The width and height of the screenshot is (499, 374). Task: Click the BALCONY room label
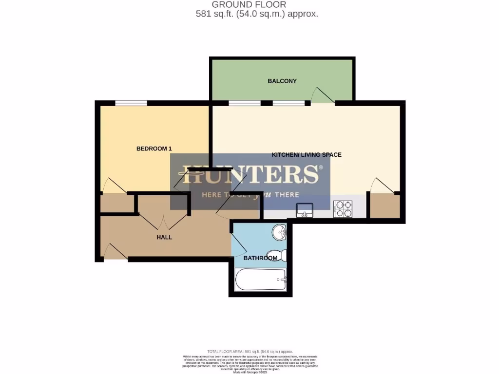[x=282, y=81]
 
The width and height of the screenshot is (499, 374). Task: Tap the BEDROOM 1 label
[x=154, y=149]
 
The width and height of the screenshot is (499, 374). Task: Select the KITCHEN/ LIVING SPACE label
[x=306, y=155]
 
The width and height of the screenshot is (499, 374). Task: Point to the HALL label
[x=164, y=237]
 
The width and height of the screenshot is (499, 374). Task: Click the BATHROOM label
[x=260, y=258]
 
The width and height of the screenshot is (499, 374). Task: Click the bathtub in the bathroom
[x=260, y=280]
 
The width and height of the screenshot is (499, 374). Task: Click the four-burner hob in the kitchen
[x=343, y=209]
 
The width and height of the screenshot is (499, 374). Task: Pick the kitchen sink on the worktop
[x=306, y=210]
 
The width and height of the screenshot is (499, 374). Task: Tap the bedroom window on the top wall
[x=131, y=103]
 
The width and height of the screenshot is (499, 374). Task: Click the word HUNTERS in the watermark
[x=250, y=174]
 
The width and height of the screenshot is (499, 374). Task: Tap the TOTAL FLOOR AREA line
[x=249, y=352]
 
